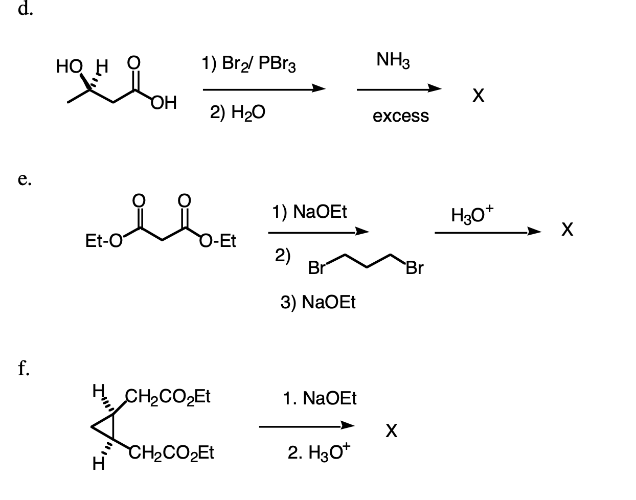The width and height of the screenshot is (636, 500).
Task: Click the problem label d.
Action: click(25, 9)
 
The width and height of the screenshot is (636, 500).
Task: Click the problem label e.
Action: click(25, 179)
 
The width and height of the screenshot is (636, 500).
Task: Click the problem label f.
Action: click(24, 368)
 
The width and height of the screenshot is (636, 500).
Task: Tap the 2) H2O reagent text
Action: click(238, 112)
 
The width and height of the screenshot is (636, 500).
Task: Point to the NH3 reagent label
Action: click(393, 60)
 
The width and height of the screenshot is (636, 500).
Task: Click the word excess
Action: click(400, 116)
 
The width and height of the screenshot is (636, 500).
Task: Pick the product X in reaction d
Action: click(478, 95)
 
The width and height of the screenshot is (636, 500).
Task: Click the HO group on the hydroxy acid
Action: click(70, 66)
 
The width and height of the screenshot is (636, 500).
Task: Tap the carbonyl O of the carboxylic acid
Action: click(134, 62)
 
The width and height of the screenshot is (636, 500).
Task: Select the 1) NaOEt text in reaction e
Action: click(309, 212)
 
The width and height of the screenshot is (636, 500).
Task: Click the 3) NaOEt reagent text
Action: click(318, 302)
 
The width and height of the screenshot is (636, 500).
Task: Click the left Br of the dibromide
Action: click(316, 268)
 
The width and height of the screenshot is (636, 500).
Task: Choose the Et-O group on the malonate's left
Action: click(104, 241)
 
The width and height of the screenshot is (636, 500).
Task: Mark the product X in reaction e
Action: click(567, 230)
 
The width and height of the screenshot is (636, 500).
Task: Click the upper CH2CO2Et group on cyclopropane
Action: click(168, 397)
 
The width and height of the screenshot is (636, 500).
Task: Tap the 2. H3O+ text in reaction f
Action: click(319, 452)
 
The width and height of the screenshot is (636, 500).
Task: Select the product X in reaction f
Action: click(392, 430)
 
